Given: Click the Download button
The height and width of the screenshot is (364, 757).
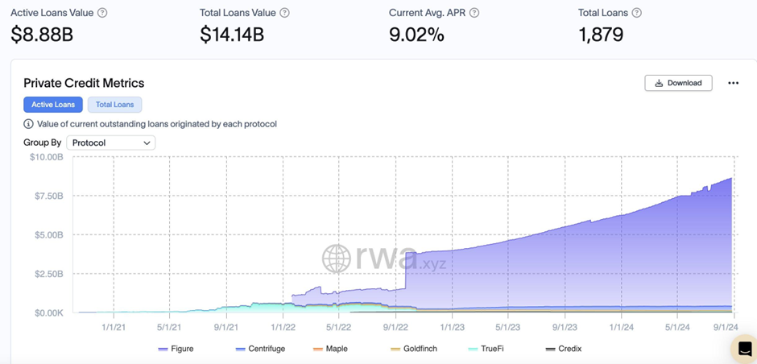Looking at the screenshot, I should click(678, 83).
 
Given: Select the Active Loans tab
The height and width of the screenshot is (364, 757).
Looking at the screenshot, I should click(53, 105).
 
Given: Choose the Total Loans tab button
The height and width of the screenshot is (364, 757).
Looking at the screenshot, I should click(115, 105).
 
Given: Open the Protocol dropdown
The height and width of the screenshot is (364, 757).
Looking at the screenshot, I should click(111, 143).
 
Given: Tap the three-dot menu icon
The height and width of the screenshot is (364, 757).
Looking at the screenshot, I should click(733, 83).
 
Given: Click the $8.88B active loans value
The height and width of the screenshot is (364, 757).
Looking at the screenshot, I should click(42, 35).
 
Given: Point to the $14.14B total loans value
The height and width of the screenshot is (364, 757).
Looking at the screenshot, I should click(232, 35).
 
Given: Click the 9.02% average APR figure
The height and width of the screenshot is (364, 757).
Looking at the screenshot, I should click(416, 35).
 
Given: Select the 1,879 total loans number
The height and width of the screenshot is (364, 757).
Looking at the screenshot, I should click(601, 35).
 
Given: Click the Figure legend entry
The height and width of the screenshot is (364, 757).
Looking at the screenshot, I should click(176, 349).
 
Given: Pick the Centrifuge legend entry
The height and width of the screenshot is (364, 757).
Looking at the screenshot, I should click(261, 349).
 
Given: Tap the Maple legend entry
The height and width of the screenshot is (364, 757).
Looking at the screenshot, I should click(330, 349).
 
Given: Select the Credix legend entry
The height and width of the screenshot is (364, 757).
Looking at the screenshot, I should click(564, 349).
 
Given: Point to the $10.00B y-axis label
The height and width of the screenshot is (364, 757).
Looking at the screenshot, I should click(46, 157).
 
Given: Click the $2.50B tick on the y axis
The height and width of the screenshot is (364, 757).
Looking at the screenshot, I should click(46, 274).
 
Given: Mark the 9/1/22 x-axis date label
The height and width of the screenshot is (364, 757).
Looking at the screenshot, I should click(395, 327).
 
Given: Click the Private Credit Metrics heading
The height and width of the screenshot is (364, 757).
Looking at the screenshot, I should click(84, 83).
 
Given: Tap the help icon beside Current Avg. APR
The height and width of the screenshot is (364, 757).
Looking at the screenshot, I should click(474, 13).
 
